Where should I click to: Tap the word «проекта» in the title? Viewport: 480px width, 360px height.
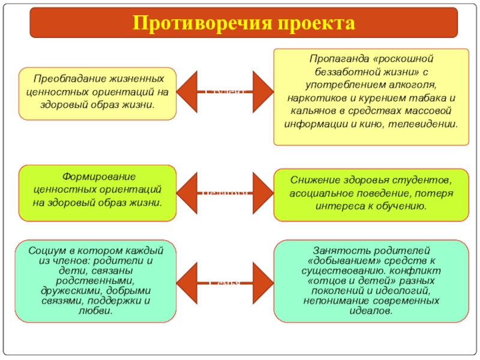316,23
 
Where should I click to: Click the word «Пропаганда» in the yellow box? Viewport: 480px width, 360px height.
338,59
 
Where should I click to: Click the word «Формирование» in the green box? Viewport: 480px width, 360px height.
98,177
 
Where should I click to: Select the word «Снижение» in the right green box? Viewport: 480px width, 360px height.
316,180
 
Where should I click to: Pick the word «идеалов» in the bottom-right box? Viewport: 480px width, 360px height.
371,312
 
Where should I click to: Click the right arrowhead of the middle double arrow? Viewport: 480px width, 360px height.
263,191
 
